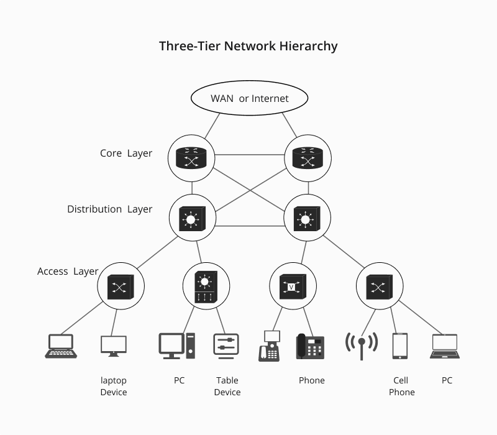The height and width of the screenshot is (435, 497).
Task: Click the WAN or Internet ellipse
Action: pos(249,98)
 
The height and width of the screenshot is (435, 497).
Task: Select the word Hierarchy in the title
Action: pos(309,46)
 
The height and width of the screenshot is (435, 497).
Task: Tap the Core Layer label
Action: pos(126,153)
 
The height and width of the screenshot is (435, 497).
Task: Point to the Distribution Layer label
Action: pos(109,209)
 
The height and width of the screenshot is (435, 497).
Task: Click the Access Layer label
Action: pos(68,272)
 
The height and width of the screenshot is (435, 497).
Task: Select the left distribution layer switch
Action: pos(192,219)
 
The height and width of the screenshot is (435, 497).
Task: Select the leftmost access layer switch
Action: pos(121,286)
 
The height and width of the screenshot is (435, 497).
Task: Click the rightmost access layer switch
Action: pos(379,286)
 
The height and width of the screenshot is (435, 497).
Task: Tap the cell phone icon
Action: pos(399,346)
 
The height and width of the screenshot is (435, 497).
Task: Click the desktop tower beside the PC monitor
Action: pos(191,346)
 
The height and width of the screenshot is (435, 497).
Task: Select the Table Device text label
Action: pos(227,386)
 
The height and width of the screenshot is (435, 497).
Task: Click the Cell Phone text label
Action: pos(401,386)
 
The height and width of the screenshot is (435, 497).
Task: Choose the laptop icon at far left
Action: pos(61,346)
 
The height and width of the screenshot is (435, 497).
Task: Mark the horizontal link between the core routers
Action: pos(249,153)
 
